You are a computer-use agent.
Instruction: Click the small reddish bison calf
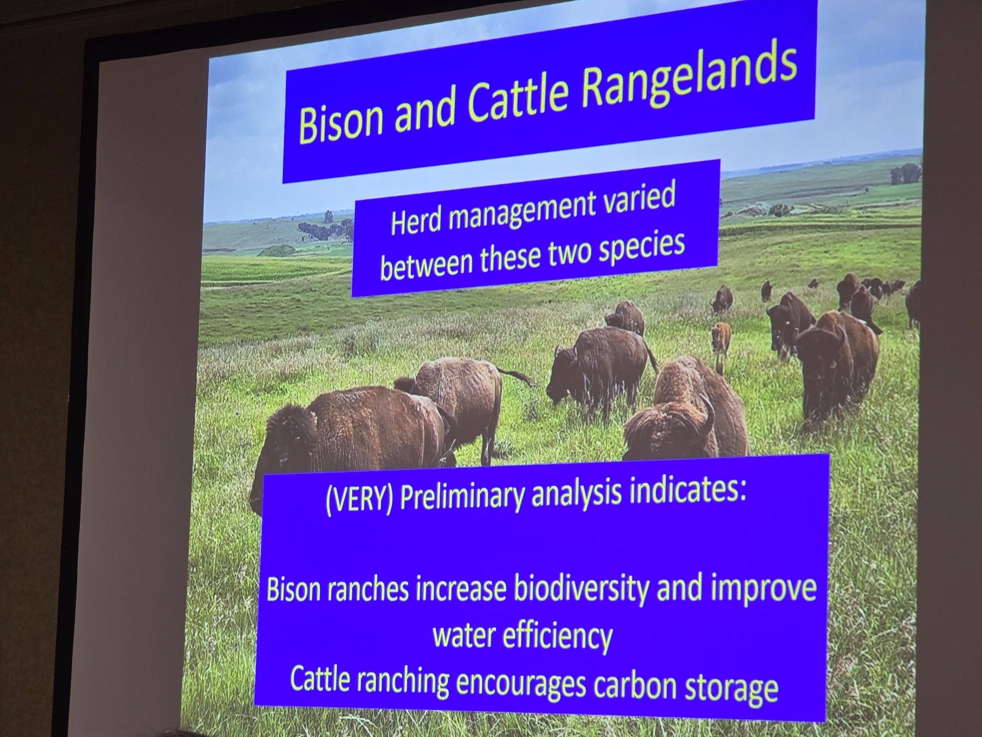(721, 344)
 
